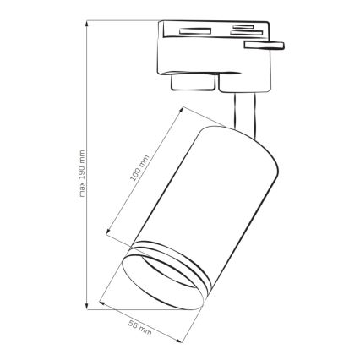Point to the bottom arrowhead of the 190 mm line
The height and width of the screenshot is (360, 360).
tap(87, 302)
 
